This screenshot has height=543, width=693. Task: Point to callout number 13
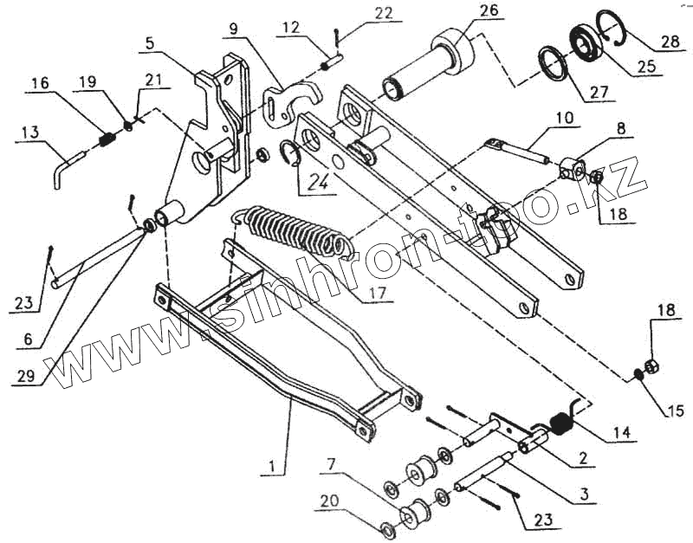29,132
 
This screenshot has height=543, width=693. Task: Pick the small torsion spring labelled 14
562,422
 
